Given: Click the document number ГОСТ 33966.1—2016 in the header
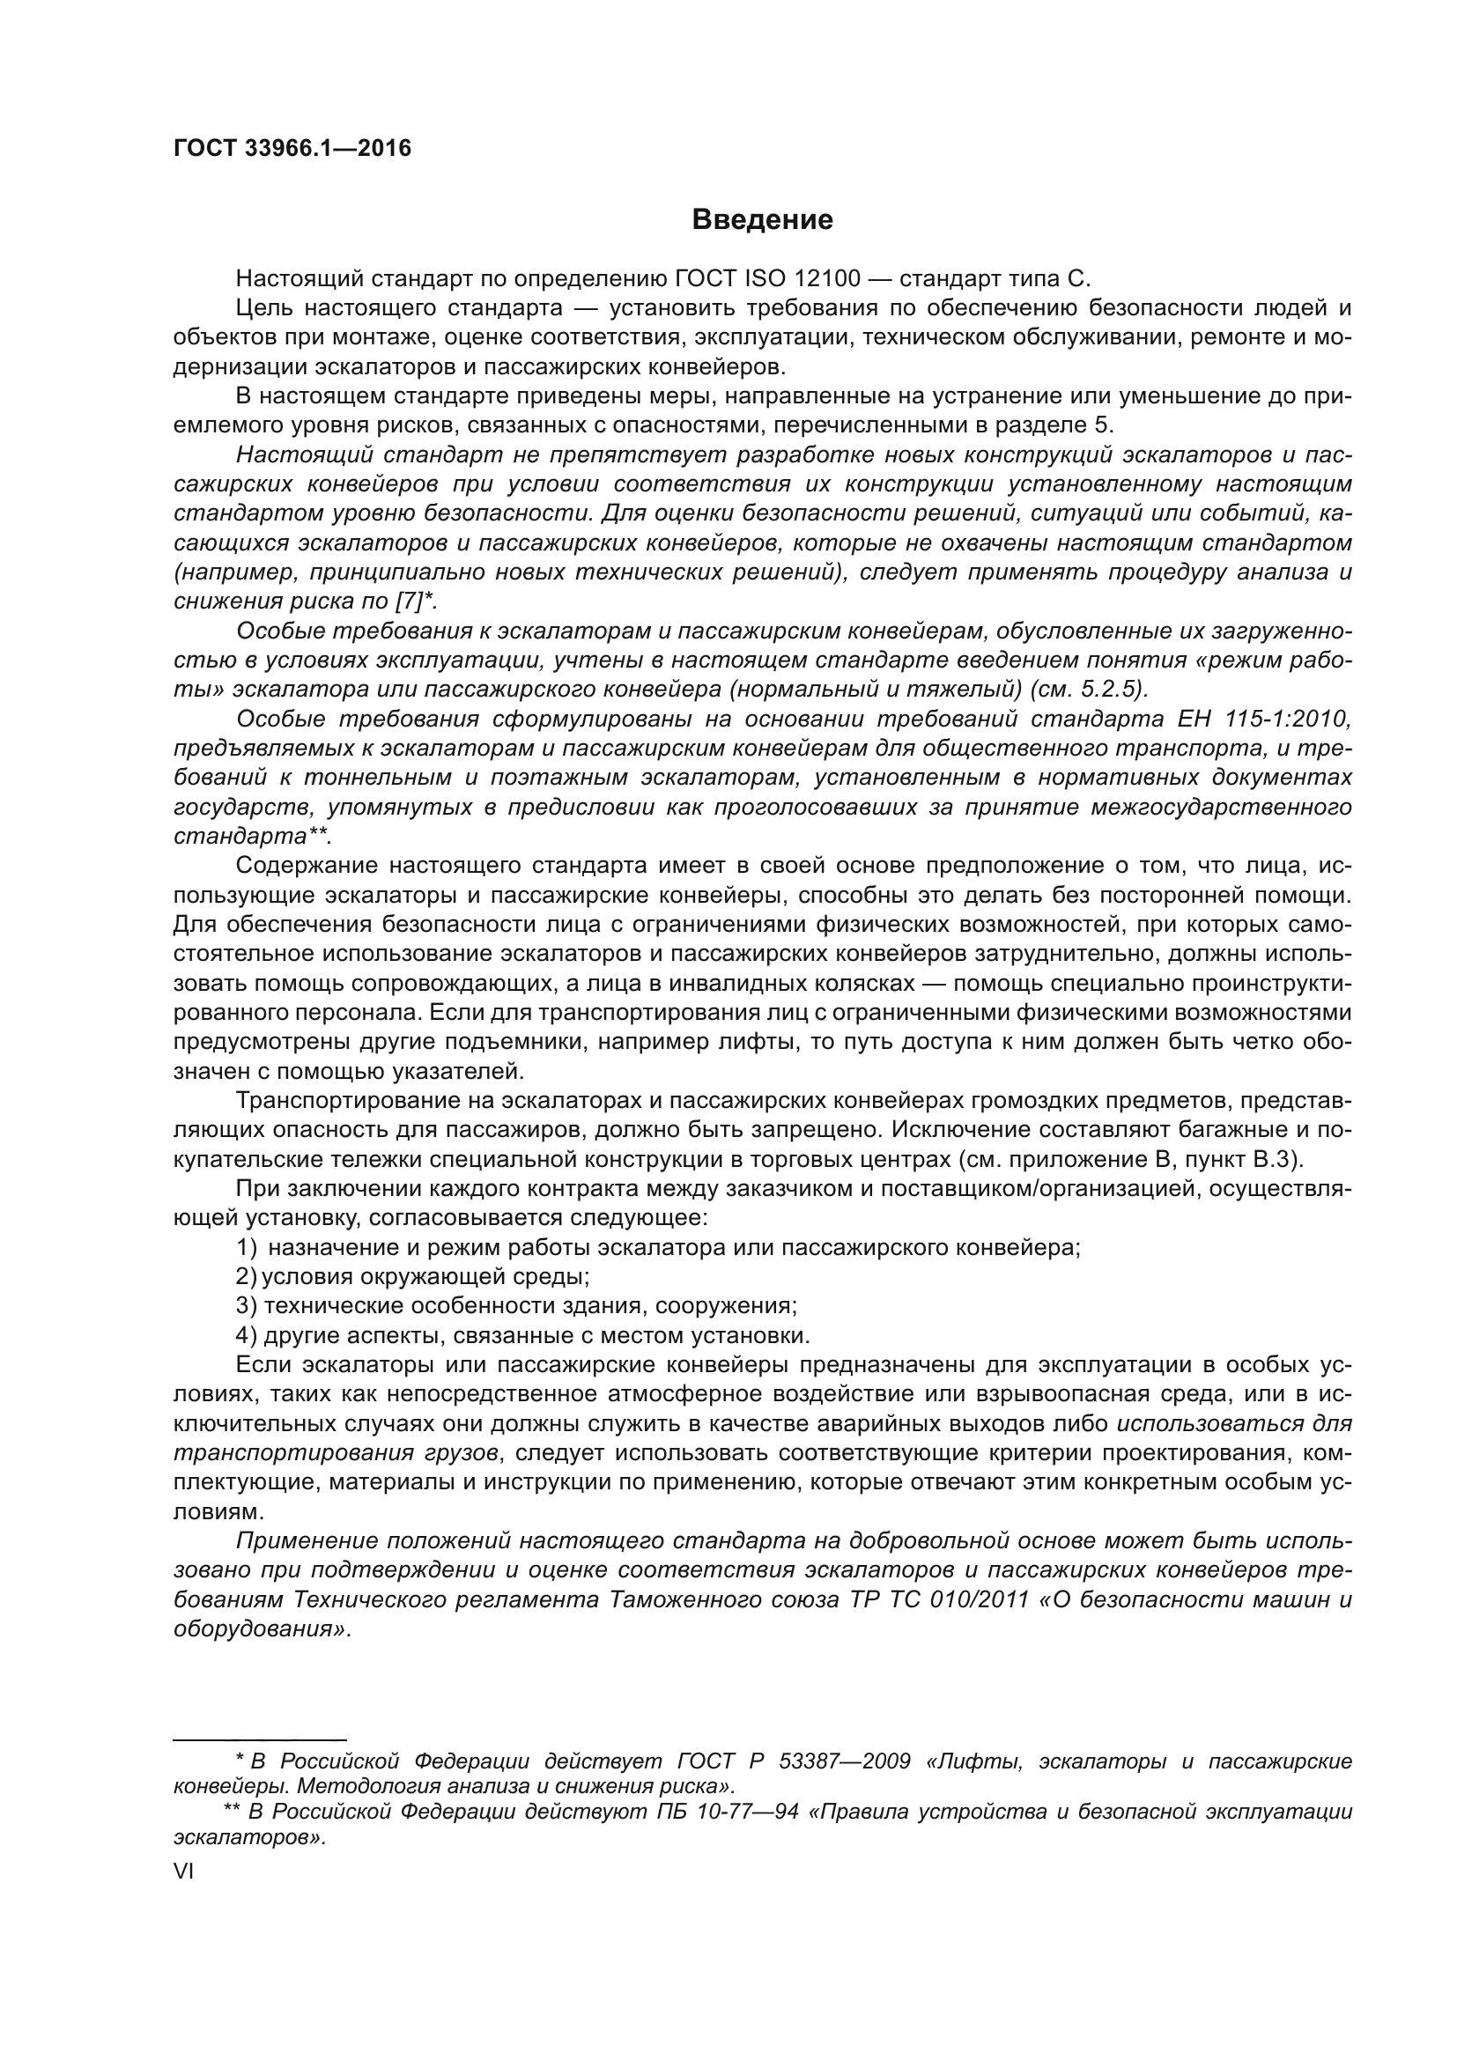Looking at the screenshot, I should [292, 148].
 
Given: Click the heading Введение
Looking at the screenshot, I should [763, 220].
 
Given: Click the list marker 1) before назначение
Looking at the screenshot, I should [247, 1247].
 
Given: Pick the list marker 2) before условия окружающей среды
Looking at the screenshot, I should [247, 1277].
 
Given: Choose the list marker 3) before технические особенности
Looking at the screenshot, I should [247, 1305].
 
